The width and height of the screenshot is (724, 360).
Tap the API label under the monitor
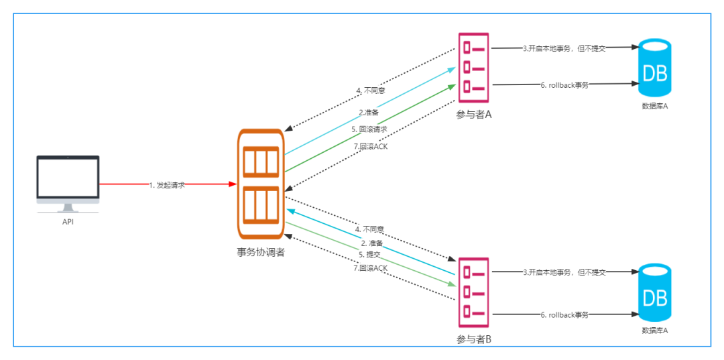click(x=68, y=222)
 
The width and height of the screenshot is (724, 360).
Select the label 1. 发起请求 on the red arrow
click(x=167, y=184)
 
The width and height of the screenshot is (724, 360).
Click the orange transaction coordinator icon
click(x=261, y=184)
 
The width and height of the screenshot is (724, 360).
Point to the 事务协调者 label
click(x=261, y=253)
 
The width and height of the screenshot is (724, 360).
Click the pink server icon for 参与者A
click(x=475, y=67)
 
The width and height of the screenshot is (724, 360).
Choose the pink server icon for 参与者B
click(x=475, y=292)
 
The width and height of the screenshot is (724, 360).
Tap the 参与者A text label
click(x=474, y=115)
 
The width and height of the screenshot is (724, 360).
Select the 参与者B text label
click(x=474, y=339)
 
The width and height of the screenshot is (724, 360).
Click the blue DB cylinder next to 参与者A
click(x=654, y=67)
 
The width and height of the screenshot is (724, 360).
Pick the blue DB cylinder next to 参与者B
click(x=654, y=292)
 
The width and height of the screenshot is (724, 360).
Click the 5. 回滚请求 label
click(x=369, y=129)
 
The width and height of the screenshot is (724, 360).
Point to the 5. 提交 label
click(x=369, y=255)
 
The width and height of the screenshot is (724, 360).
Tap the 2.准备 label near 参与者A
click(x=369, y=112)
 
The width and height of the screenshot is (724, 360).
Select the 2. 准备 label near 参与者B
click(x=371, y=243)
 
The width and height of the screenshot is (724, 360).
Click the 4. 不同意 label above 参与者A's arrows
click(x=371, y=91)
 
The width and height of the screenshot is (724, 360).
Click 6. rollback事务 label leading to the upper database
click(x=564, y=85)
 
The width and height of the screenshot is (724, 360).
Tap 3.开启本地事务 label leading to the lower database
click(x=564, y=272)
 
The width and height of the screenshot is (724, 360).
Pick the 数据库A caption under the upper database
click(x=654, y=106)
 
